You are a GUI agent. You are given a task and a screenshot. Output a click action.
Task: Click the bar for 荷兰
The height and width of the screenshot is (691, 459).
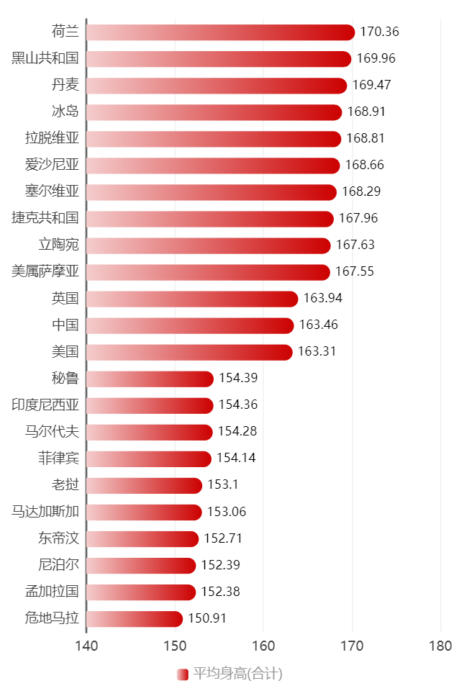[220, 32]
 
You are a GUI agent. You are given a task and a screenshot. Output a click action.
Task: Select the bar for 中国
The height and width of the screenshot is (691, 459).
[190, 325]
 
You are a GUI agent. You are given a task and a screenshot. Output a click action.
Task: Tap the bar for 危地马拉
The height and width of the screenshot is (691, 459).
[135, 619]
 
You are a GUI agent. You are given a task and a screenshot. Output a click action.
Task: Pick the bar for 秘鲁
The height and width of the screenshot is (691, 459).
[150, 379]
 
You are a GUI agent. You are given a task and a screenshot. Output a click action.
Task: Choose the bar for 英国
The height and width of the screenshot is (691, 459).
[192, 299]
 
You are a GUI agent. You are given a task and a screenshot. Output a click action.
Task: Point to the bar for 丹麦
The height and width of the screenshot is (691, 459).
[217, 86]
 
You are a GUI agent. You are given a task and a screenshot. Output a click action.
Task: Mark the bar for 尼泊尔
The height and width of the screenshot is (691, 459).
[141, 566]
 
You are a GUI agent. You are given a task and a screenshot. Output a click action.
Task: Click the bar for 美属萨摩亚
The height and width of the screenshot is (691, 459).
[208, 272]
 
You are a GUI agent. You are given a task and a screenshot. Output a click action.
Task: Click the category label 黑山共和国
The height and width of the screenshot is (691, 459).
[45, 58]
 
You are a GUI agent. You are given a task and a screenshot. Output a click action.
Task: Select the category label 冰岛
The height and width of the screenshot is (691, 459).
[65, 112]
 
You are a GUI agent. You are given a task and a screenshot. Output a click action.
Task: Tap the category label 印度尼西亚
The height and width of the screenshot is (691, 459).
[45, 405]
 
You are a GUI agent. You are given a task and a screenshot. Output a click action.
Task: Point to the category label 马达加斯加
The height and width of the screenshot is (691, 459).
[45, 512]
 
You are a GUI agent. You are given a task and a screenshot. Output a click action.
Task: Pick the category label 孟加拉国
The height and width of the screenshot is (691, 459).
[52, 592]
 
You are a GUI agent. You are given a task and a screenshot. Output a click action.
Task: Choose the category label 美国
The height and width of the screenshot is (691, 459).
[65, 351]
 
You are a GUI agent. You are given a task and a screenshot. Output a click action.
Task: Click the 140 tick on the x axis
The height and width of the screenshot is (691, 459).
[86, 646]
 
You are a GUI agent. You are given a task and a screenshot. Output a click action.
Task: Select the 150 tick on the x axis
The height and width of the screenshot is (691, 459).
[175, 646]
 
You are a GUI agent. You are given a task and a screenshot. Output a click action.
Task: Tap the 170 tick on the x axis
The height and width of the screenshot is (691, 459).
[353, 646]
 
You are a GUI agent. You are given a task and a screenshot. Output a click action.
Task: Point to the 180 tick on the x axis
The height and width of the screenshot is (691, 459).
[441, 646]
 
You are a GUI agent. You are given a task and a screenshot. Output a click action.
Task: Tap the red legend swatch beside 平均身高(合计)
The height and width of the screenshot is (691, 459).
[182, 674]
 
